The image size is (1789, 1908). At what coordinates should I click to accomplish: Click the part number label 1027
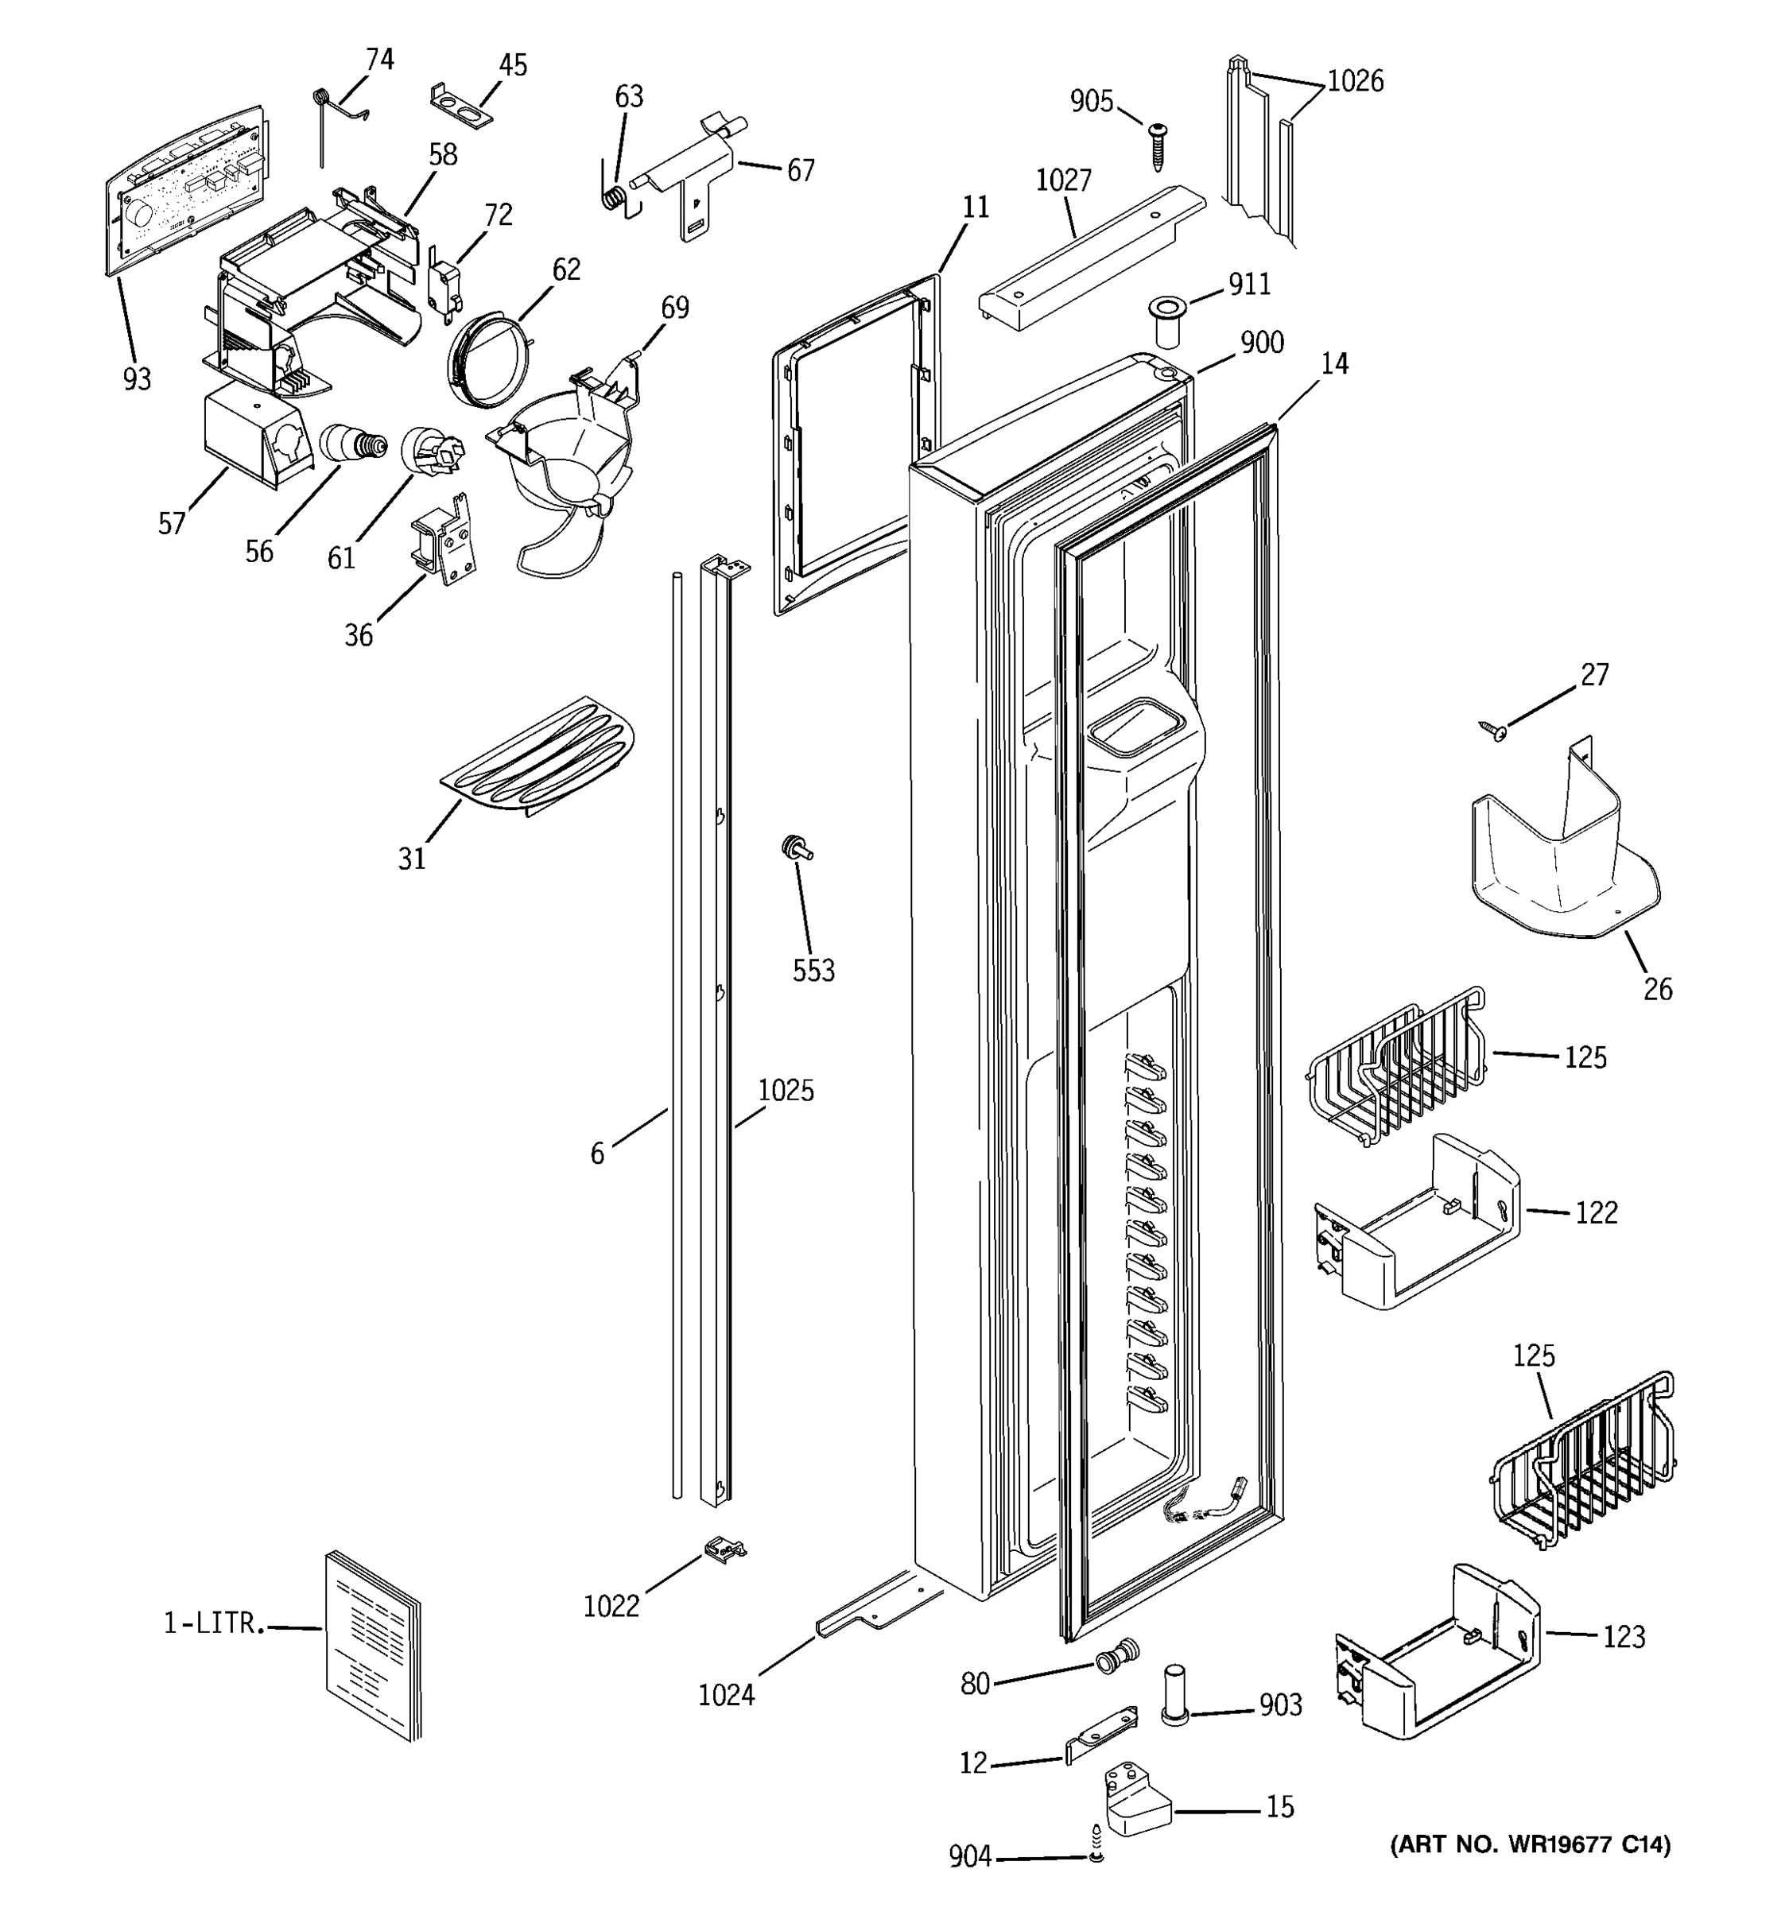click(x=1063, y=180)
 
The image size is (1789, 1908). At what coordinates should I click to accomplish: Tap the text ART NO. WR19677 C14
click(x=1530, y=1844)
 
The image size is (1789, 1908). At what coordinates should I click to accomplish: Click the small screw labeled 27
click(x=1492, y=731)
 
